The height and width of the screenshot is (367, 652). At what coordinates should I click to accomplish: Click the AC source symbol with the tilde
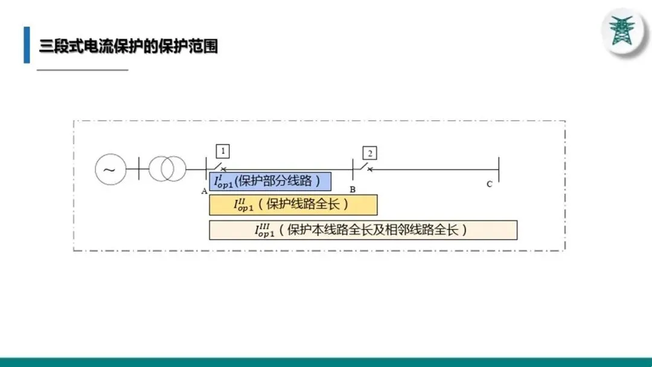(110, 169)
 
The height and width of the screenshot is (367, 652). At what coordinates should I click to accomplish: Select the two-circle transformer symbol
(168, 169)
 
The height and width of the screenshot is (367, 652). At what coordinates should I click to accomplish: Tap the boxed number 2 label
(369, 152)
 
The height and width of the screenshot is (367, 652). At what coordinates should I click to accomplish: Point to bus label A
(205, 190)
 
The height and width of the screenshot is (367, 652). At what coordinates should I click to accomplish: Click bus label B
(353, 190)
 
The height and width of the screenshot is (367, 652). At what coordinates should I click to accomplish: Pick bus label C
(490, 184)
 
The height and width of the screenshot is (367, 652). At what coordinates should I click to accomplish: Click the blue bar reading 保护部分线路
(270, 181)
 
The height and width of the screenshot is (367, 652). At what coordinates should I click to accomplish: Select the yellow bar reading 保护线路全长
(293, 205)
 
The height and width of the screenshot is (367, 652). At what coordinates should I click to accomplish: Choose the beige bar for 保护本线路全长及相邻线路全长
(363, 230)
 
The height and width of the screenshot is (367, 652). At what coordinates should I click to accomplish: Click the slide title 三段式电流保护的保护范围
(128, 46)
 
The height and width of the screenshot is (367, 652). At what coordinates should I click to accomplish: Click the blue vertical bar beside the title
(27, 45)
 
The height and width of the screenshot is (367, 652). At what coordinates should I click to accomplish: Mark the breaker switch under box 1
(220, 167)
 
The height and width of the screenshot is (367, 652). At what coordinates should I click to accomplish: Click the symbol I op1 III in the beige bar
(266, 230)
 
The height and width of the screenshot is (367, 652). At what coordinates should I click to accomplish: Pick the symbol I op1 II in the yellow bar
(245, 205)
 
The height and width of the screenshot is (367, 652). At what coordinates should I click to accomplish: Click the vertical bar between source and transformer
(138, 169)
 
